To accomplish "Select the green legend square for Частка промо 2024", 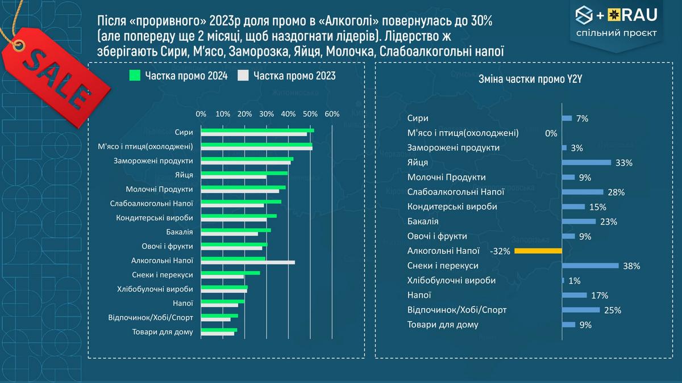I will click(x=135, y=75).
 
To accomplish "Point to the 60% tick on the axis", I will click(x=332, y=114).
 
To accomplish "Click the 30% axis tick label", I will click(x=266, y=114).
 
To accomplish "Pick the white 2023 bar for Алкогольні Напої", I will click(x=248, y=262).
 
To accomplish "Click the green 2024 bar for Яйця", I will click(x=244, y=173).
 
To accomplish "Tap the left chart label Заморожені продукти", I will click(x=153, y=161).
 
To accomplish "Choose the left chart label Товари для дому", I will click(x=162, y=332).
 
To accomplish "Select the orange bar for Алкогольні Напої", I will click(x=538, y=250).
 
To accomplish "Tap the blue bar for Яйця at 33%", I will click(x=586, y=162).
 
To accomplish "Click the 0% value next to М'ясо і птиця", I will click(x=551, y=133).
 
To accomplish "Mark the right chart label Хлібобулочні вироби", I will click(x=451, y=280).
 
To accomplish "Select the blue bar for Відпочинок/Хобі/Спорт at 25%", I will click(x=580, y=310).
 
